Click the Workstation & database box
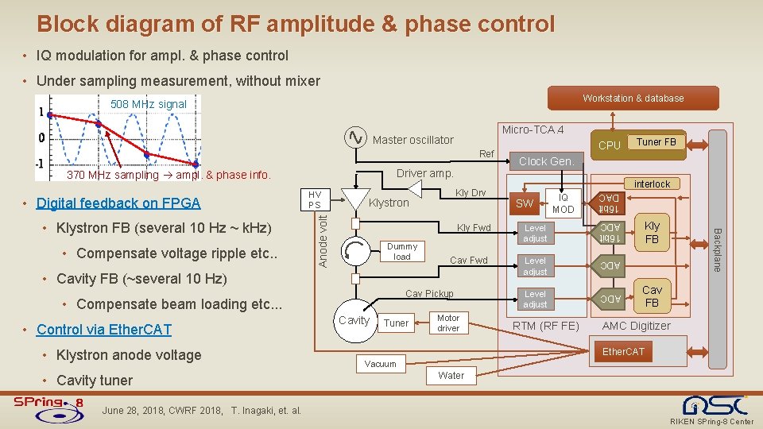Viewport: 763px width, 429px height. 633,99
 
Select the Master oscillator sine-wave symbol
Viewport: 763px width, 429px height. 355,138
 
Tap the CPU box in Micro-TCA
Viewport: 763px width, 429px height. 609,145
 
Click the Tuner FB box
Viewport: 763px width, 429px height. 656,142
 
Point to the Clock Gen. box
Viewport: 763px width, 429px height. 546,161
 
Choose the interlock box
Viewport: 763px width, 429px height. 652,184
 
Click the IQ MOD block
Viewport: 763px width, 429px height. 564,203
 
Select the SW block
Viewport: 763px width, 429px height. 525,203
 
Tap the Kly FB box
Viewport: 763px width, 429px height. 652,233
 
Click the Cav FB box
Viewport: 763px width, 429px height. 652,296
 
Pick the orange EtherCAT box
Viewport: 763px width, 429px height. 624,351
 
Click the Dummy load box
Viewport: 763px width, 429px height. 402,251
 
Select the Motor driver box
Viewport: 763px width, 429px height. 448,323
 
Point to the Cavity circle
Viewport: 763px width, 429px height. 354,320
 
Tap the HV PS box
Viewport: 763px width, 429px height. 315,200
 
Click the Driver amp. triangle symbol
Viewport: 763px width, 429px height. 414,188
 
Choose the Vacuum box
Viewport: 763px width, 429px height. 381,364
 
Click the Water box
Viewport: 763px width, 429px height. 451,375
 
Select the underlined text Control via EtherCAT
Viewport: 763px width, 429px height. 104,330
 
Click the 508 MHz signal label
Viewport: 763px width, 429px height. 149,104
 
